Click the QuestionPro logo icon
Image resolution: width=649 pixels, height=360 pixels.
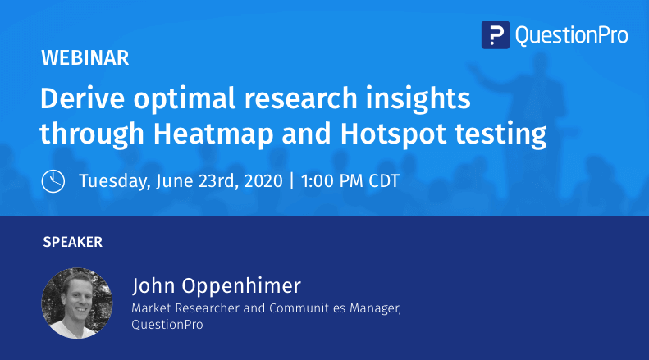(x=495, y=35)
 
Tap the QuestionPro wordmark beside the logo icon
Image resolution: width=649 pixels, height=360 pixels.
(x=571, y=35)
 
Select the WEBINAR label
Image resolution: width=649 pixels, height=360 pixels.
(x=85, y=58)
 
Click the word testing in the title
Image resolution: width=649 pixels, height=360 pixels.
(x=509, y=132)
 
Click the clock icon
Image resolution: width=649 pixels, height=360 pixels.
(x=53, y=180)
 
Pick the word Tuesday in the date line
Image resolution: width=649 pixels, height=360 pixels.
(x=113, y=181)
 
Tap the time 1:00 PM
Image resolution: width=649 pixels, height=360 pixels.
(x=331, y=180)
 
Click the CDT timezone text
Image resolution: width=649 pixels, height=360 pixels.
(x=382, y=180)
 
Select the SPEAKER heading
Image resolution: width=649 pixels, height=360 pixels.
(x=73, y=242)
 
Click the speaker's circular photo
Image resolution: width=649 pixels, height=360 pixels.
(x=77, y=303)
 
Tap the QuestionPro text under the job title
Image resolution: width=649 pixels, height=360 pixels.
(x=167, y=325)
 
